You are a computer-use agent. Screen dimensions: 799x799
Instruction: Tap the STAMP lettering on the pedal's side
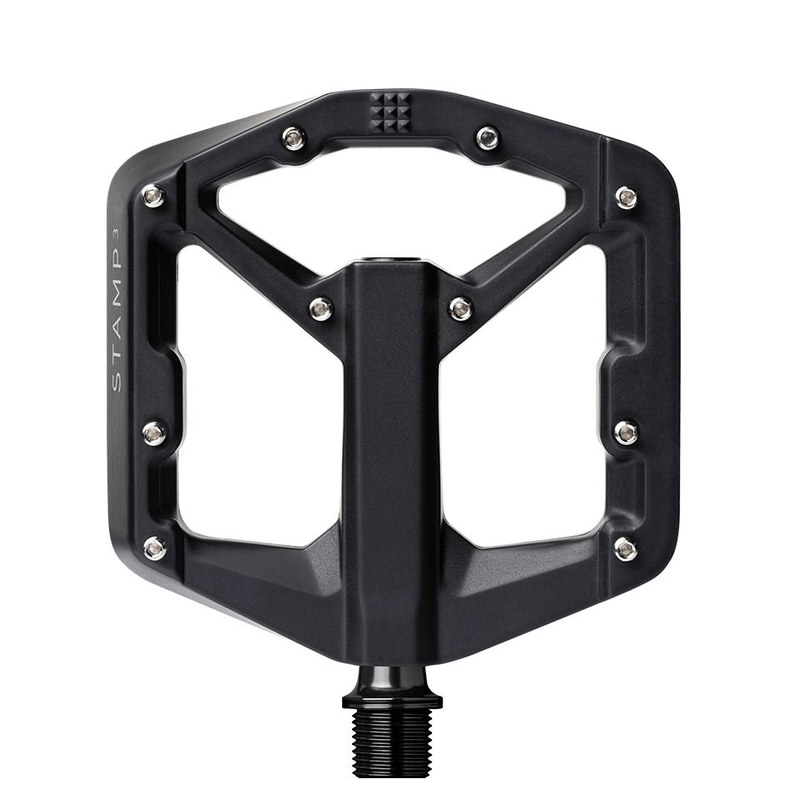[x=117, y=317]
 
